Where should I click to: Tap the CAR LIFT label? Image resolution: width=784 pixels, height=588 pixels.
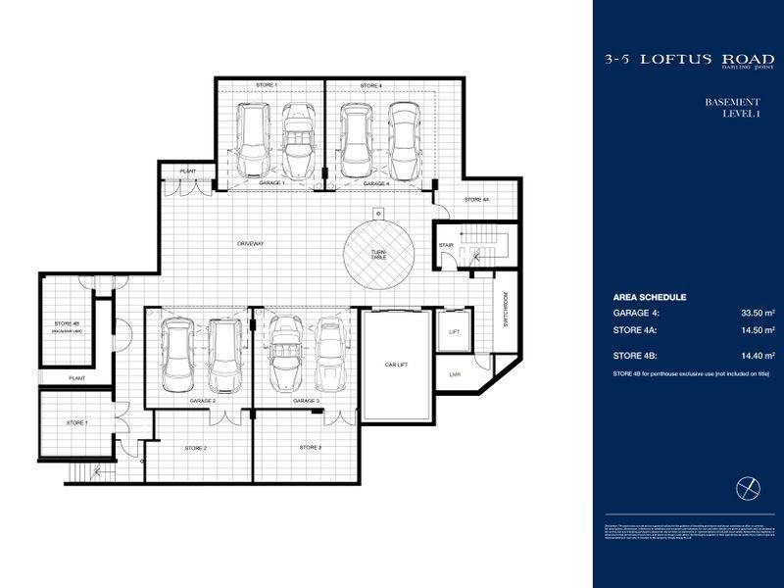click(x=395, y=364)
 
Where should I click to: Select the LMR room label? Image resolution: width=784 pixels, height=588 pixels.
click(x=454, y=374)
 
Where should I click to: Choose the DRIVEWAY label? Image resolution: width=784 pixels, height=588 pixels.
click(x=252, y=243)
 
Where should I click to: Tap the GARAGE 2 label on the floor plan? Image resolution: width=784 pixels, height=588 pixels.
click(x=203, y=401)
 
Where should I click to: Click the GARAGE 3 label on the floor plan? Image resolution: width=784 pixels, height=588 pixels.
click(x=306, y=401)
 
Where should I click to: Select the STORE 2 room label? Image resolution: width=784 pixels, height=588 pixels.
click(x=196, y=447)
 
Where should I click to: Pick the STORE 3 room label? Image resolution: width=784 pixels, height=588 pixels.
click(x=311, y=447)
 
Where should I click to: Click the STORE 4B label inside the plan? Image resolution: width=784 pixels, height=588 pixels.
click(x=67, y=323)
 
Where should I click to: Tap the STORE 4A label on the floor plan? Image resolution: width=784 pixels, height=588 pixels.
click(x=477, y=200)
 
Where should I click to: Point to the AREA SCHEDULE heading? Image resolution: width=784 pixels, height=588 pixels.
click(x=649, y=296)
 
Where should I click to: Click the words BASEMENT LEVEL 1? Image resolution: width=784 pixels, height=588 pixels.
click(x=732, y=109)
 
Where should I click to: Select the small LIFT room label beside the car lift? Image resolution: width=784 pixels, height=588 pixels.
click(x=454, y=332)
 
